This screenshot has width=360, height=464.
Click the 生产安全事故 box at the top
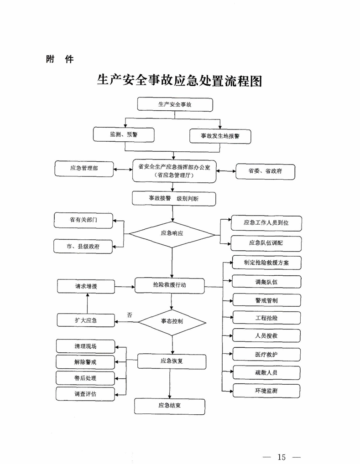pyautogui.click(x=175, y=104)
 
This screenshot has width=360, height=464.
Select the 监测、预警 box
pyautogui.click(x=124, y=134)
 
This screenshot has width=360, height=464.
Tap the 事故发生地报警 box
pyautogui.click(x=220, y=136)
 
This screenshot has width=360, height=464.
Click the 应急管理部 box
pyautogui.click(x=84, y=169)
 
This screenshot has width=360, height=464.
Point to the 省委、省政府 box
pyautogui.click(x=265, y=172)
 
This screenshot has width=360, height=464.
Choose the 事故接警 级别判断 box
pyautogui.click(x=174, y=198)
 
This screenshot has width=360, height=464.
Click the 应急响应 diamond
pyautogui.click(x=172, y=234)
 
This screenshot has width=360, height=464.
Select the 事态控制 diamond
pyautogui.click(x=172, y=322)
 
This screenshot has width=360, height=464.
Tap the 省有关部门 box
pyautogui.click(x=83, y=220)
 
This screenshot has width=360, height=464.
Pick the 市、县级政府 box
pyautogui.click(x=83, y=247)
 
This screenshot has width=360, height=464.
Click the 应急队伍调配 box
pyautogui.click(x=266, y=243)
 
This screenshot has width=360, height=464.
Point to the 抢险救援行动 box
pyautogui.click(x=169, y=286)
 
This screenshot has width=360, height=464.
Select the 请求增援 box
pyautogui.click(x=86, y=286)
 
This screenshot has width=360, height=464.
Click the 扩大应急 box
pyautogui.click(x=86, y=320)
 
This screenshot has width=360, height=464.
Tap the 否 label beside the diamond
pyautogui.click(x=130, y=315)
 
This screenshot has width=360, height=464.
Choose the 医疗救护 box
pyautogui.click(x=266, y=354)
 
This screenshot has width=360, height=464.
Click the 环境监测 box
pyautogui.click(x=266, y=391)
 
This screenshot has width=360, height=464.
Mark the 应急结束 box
pyautogui.click(x=169, y=406)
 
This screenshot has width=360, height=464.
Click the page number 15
pyautogui.click(x=282, y=457)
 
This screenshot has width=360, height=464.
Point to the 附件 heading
pyautogui.click(x=60, y=59)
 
